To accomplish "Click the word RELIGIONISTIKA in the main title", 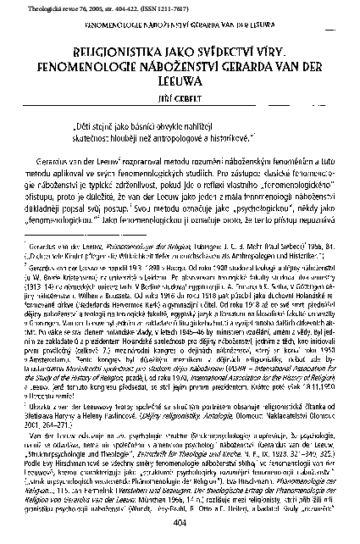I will [x=109, y=51].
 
